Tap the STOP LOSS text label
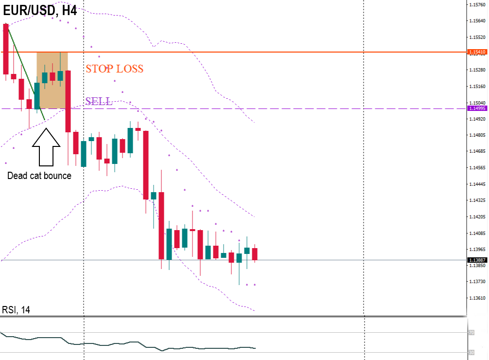click(x=114, y=69)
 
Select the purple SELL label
click(x=99, y=101)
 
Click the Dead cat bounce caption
click(x=39, y=176)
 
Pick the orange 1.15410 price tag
click(x=476, y=52)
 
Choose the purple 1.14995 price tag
click(x=476, y=108)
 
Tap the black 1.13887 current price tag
click(x=476, y=260)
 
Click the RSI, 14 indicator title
click(x=16, y=310)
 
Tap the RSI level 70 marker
click(x=471, y=333)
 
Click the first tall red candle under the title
click(x=6, y=49)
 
